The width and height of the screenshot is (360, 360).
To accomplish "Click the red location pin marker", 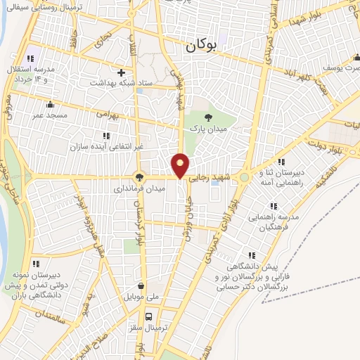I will point(181,165).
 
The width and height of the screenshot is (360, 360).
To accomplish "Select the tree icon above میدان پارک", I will point(207,117).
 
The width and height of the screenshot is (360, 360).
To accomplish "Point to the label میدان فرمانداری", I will point(141,188).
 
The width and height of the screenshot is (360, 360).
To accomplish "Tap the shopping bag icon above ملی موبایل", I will point(143,286).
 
